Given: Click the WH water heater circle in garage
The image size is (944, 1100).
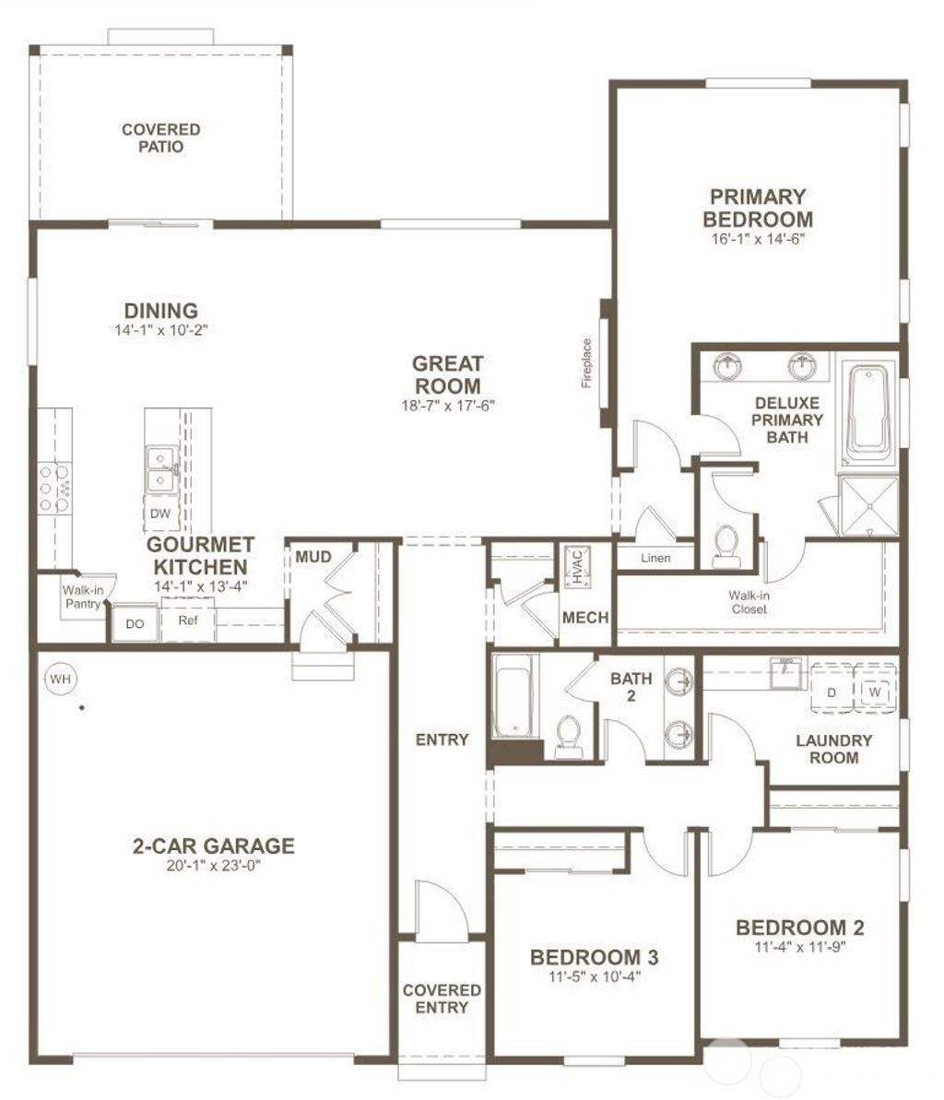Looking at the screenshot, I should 61,680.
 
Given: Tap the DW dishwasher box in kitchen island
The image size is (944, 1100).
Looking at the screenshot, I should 160,514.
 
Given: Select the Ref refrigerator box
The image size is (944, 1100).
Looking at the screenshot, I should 188,621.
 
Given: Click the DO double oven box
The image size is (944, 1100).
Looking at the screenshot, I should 135,624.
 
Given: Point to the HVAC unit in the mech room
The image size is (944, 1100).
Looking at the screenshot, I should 575,566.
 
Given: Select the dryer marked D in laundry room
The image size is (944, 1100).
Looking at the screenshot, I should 831,692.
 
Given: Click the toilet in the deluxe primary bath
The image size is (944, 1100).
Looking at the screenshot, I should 727,546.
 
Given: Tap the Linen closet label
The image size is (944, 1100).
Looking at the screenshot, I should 655,558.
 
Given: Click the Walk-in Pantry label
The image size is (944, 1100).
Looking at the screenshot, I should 82,597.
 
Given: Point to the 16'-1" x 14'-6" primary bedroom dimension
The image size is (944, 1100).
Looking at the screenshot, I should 757,238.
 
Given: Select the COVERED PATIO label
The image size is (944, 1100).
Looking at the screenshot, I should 161,138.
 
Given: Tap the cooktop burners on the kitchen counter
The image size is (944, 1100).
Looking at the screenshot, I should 51,488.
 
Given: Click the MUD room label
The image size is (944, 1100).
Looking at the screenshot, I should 313,556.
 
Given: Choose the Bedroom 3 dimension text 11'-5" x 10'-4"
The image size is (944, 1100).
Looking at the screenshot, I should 594,976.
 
